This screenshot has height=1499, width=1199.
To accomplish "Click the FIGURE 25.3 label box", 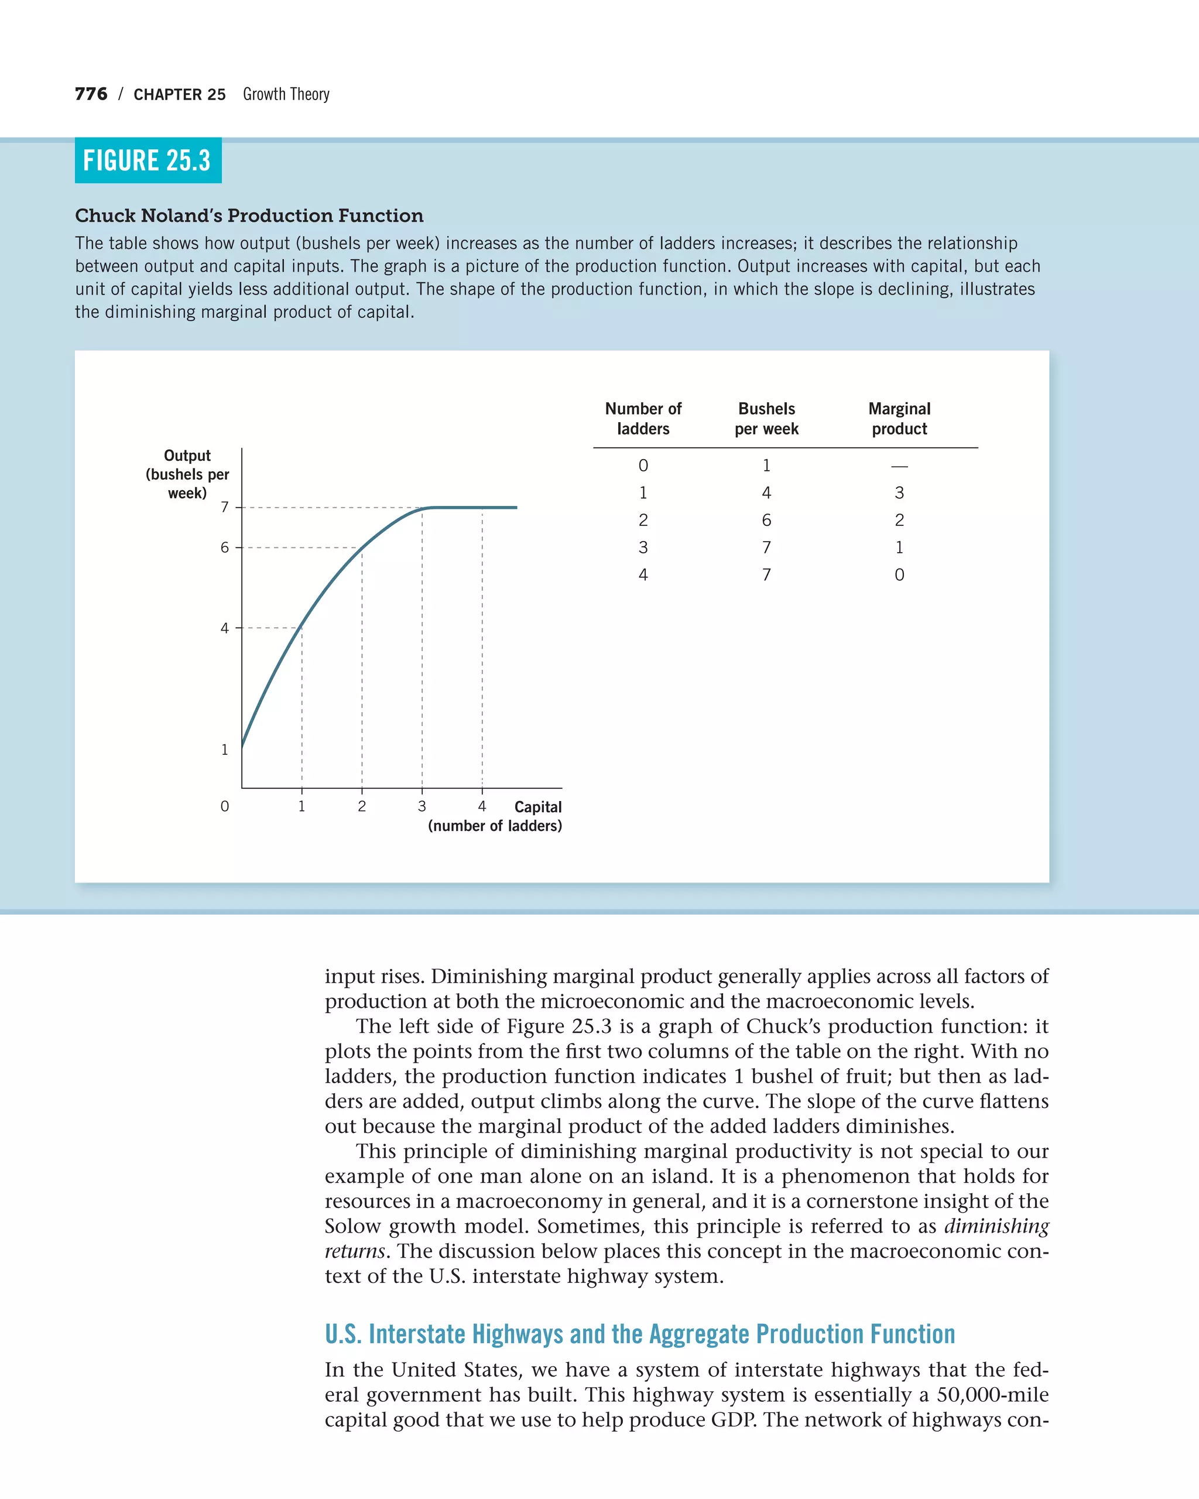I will point(148,160).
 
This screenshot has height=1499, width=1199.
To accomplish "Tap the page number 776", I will point(91,94).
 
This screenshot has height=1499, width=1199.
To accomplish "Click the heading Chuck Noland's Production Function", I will point(249,215).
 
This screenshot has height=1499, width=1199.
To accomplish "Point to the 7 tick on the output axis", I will point(224,508).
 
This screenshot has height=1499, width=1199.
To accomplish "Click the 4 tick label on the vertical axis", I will point(224,628).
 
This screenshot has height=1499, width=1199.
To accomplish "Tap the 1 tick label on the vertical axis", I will point(224,749).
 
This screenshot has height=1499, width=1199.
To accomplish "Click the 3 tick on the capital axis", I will point(422,806).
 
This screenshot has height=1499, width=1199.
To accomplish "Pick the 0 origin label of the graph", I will point(224,806).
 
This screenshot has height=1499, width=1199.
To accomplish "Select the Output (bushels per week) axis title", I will point(187,474).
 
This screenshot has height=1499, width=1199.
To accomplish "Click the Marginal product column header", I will point(899,419).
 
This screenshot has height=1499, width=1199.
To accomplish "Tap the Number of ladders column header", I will point(643,419).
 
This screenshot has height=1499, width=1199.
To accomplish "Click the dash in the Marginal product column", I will point(899,466).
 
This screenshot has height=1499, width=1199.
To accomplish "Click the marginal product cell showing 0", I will point(899,575).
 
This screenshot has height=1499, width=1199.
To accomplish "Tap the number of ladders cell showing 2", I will point(643,520).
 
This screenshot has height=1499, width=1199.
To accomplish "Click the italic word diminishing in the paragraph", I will point(996,1226).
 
